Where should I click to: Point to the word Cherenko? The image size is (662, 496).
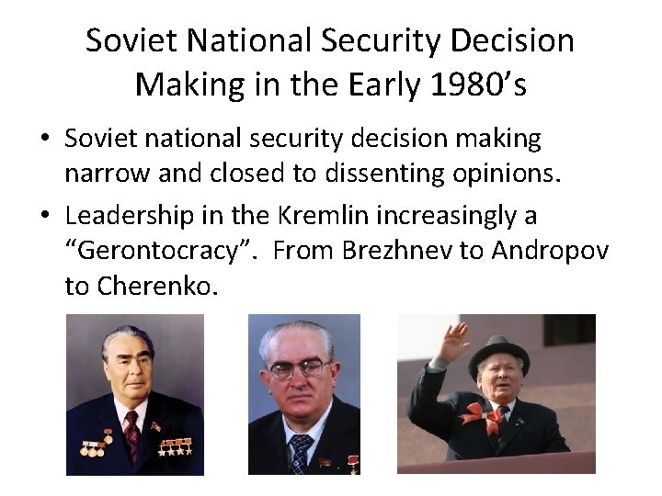(155, 287)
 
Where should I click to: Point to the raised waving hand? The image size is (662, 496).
(454, 338)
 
